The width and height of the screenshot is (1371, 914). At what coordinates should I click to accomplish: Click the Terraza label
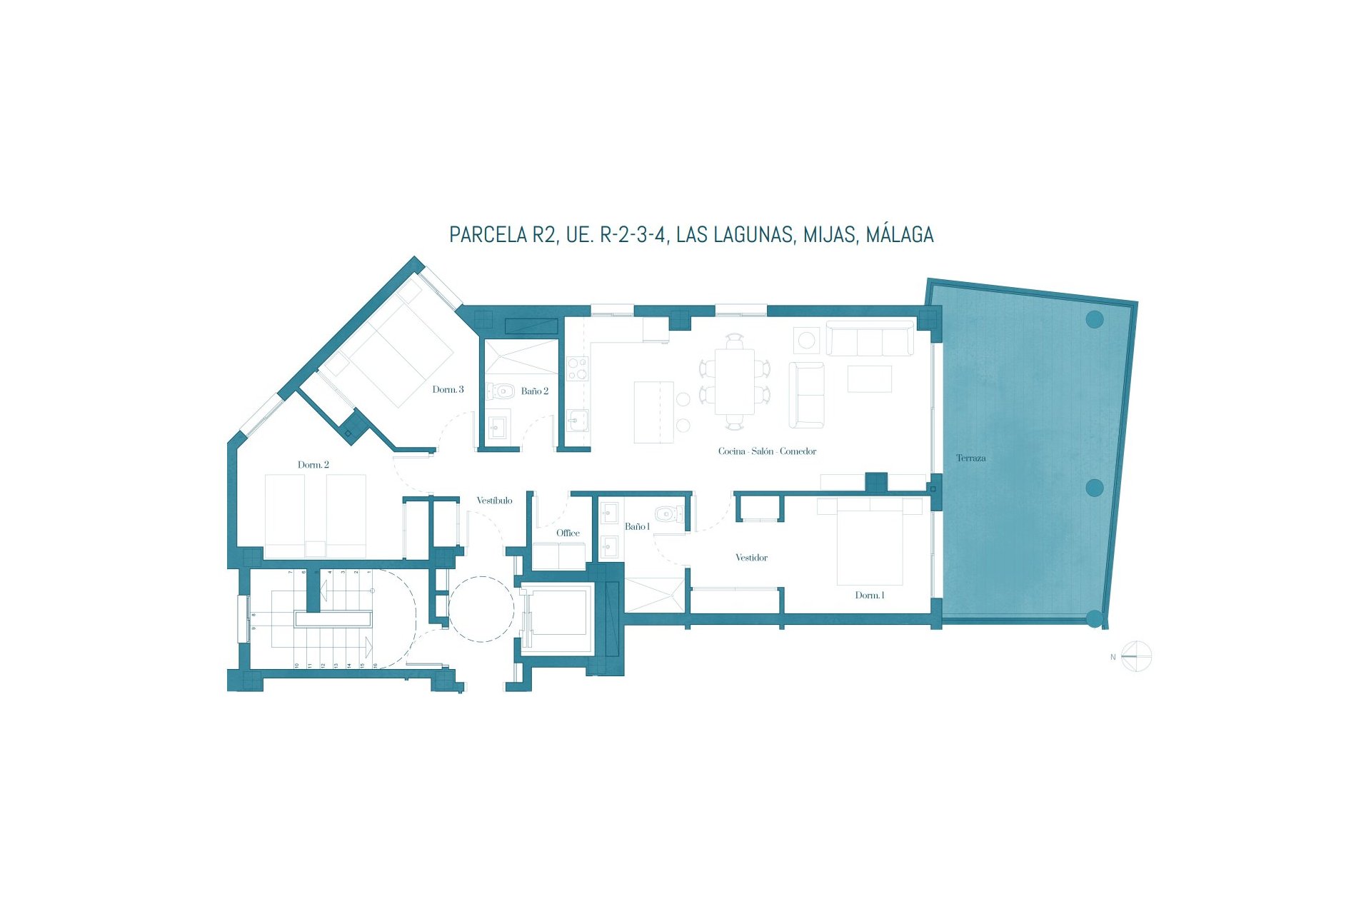970,458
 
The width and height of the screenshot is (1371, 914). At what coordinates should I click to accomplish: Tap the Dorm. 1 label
870,596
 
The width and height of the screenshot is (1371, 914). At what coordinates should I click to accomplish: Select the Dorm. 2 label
313,465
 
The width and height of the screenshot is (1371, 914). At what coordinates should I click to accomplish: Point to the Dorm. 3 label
448,390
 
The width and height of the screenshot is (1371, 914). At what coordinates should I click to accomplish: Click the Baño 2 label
535,391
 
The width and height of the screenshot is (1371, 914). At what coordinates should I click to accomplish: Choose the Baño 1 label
637,527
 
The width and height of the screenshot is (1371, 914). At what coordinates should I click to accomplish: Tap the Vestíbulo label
494,501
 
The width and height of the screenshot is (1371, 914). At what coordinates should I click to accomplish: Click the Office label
568,533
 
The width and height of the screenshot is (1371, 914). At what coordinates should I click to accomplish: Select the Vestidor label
751,558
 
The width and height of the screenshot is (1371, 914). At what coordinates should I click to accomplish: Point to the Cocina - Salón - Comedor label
767,451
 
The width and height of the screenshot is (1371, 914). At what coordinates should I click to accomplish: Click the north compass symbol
1135,657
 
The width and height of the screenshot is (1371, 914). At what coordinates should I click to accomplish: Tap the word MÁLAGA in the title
900,235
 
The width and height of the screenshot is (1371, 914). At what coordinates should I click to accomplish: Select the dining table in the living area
735,381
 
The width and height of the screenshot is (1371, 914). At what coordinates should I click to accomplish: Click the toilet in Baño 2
503,391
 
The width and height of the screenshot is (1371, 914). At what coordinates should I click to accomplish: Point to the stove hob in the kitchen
577,368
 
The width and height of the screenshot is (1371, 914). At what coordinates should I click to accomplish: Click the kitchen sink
578,421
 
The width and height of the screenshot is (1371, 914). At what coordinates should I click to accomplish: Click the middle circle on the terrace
1094,488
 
